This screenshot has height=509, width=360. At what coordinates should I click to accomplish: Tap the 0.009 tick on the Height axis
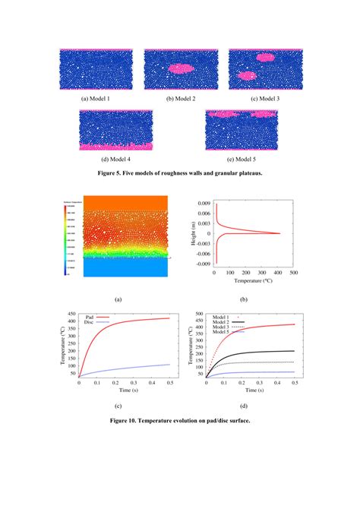[203, 204]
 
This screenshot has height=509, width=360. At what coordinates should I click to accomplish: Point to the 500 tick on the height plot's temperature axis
[292, 271]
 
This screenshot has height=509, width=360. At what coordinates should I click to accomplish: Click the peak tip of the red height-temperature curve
[280, 233]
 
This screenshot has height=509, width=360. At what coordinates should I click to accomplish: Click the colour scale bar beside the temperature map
[64, 236]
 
